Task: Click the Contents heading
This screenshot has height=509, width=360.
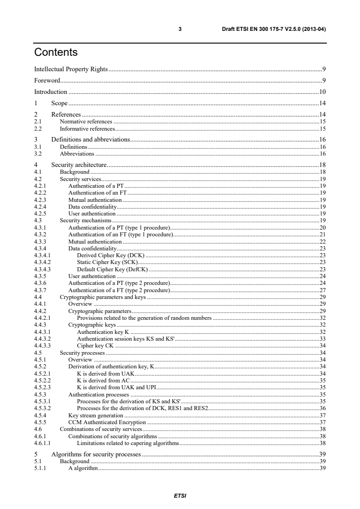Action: pyautogui.click(x=56, y=53)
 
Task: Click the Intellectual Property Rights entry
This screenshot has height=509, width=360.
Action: pyautogui.click(x=71, y=69)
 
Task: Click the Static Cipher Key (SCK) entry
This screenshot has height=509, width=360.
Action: pyautogui.click(x=107, y=262)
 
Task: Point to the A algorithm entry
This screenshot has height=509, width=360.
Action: pyautogui.click(x=83, y=468)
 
